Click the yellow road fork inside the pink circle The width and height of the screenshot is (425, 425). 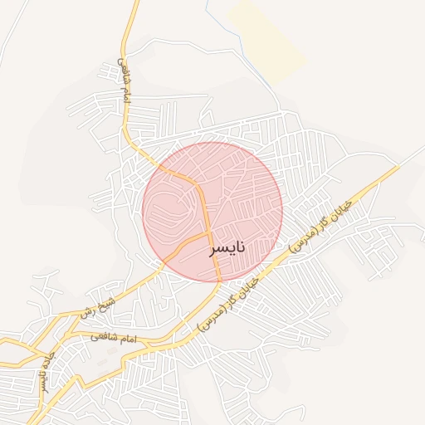[207, 234]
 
